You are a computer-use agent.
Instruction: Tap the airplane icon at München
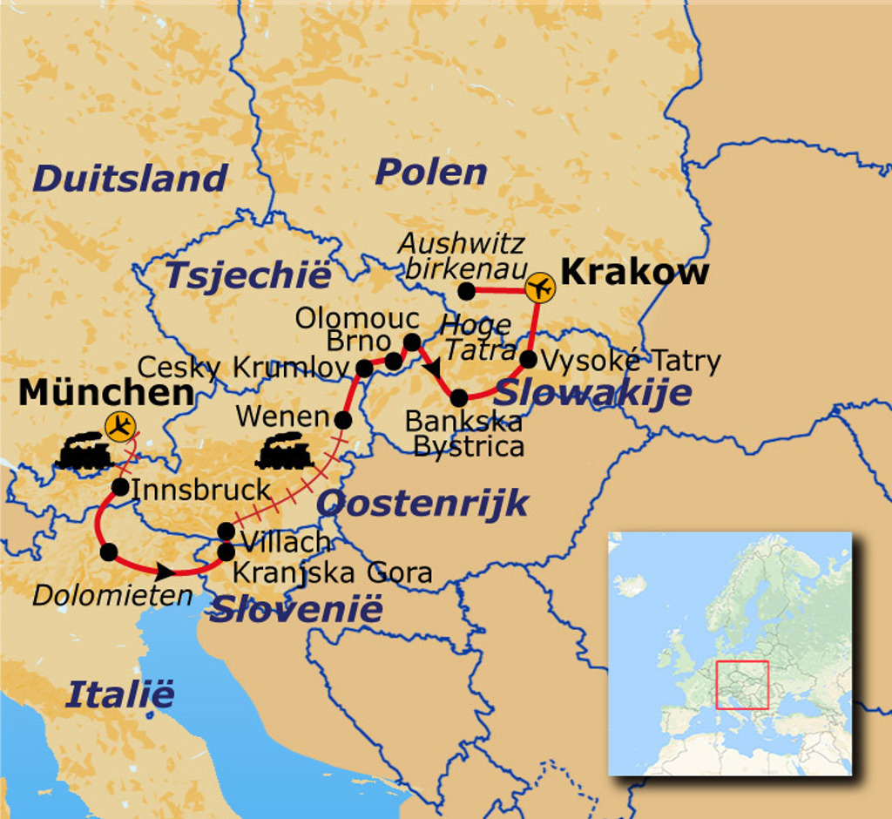point(120,426)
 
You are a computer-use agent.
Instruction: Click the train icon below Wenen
point(284,451)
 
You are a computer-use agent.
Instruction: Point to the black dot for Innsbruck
point(120,487)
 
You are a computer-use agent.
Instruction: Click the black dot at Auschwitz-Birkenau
point(467,290)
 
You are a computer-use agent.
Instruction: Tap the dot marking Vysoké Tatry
point(528,359)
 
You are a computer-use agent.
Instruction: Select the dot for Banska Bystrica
point(459,398)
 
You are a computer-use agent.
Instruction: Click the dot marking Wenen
point(343,420)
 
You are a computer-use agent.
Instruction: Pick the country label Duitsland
point(130,178)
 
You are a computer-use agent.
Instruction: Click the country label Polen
point(430,172)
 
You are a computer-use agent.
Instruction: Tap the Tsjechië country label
point(248,275)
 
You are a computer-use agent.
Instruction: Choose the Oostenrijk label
point(422,503)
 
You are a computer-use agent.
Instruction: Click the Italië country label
point(120,694)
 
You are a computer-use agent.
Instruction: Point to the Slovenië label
point(296,609)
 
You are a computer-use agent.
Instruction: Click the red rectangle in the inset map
point(742,685)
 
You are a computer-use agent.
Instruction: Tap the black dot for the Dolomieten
point(109,552)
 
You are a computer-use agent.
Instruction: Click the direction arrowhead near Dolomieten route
point(164,572)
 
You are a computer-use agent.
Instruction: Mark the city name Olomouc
point(357,318)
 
